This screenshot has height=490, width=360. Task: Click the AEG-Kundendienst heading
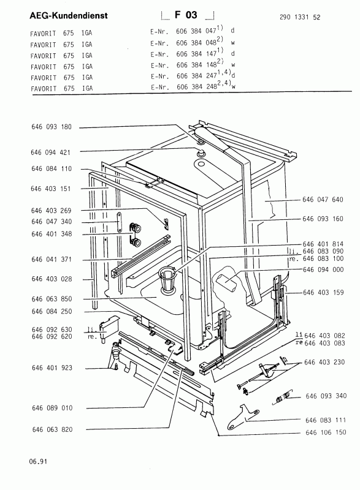pos(69,16)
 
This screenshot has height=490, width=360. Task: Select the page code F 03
pos(186,15)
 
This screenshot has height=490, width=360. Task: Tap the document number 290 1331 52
pos(300,17)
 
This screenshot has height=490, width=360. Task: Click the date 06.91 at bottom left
pos(39,461)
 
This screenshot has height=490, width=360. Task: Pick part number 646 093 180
pos(52,127)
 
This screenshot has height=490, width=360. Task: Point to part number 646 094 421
pos(51,153)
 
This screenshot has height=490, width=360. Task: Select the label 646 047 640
pos(323,200)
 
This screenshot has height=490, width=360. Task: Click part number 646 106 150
pos(326,432)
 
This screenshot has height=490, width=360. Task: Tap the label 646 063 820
pos(52,430)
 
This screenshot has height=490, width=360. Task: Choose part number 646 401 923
pos(52,368)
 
